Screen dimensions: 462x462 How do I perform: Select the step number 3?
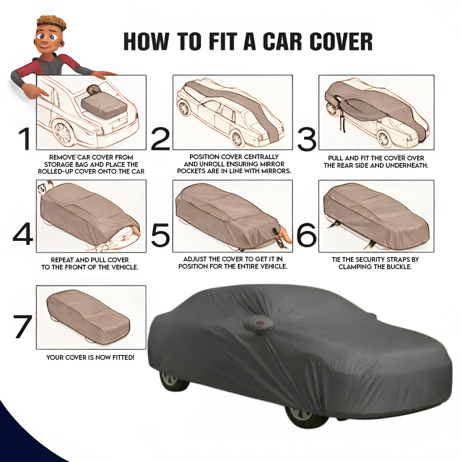pos(307,139)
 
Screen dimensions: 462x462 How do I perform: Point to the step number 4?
pos(23,234)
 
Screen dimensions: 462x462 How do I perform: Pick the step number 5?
pos(160,234)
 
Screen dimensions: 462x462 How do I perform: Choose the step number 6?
pos(306,234)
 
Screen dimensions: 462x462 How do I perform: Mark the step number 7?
pos(22,326)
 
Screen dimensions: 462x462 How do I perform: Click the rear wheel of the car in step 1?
pos(63,133)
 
